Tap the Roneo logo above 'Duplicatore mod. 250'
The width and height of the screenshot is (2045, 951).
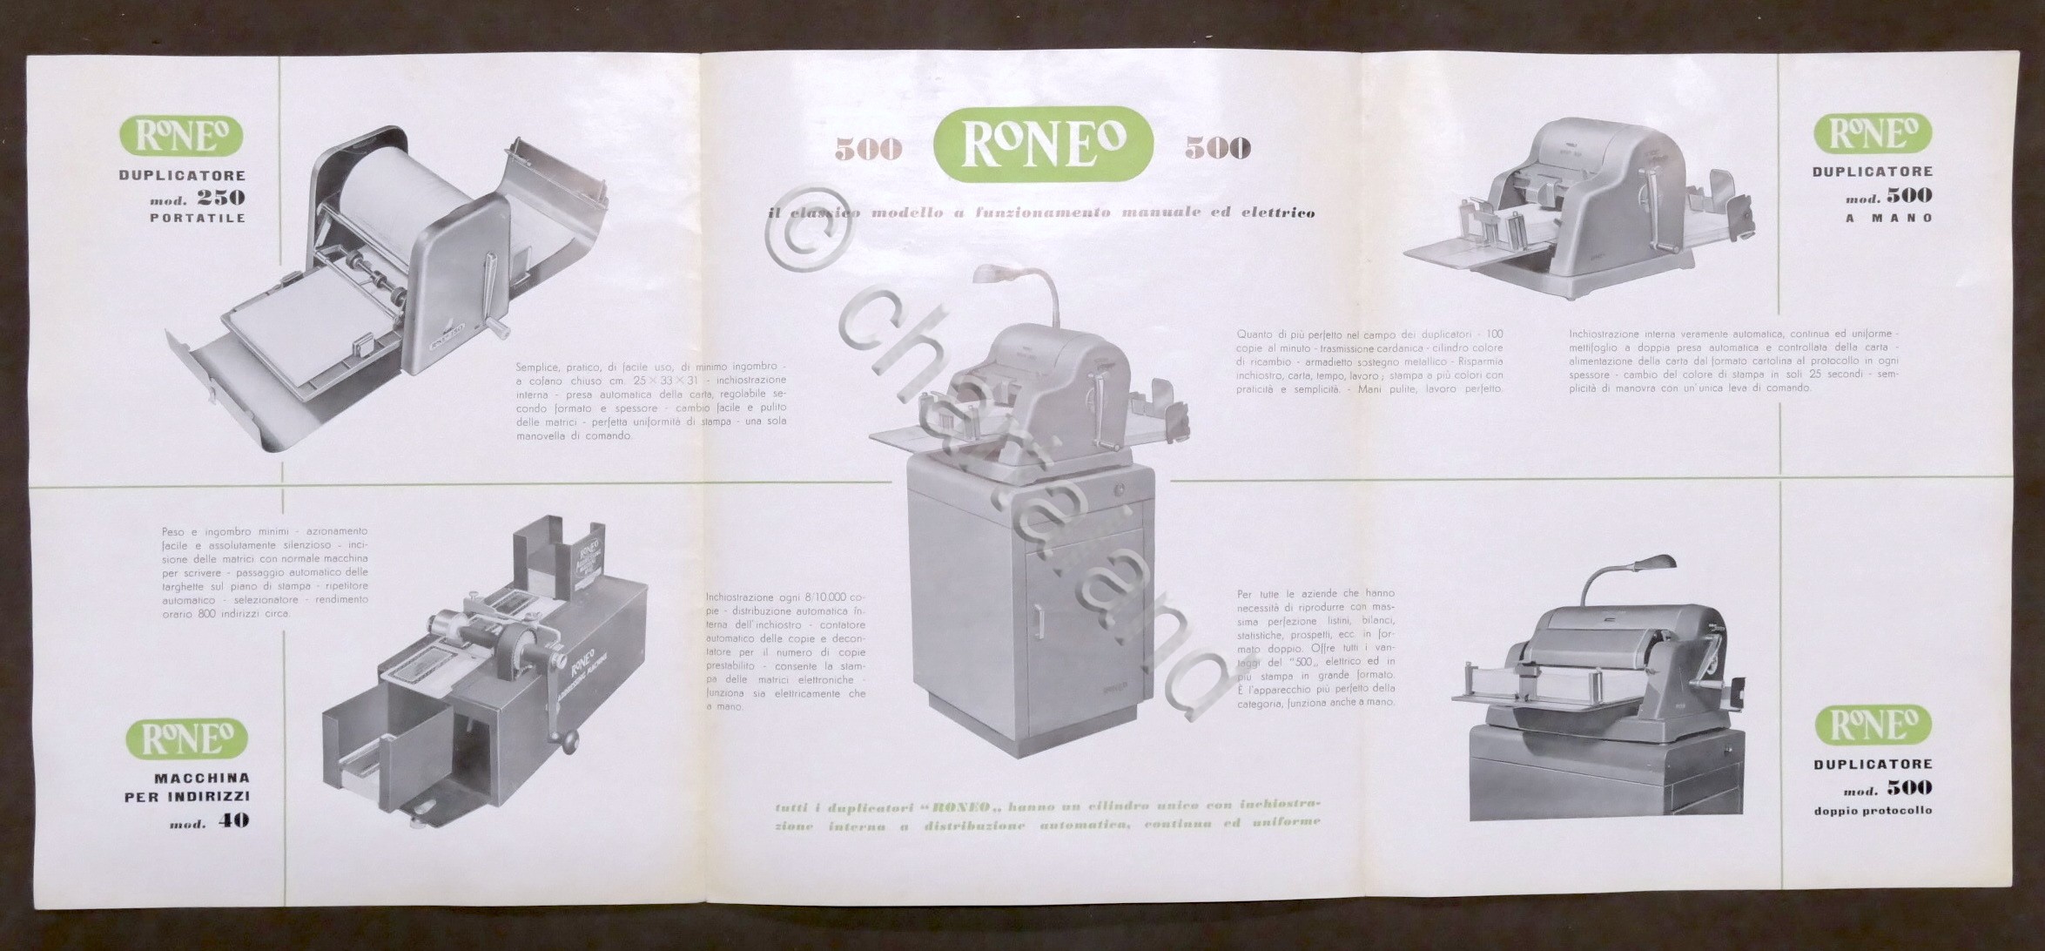click(182, 137)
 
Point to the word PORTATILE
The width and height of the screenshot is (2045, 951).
click(198, 218)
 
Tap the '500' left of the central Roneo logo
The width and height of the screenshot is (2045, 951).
click(868, 150)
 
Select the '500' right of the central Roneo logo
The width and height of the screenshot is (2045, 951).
click(1217, 149)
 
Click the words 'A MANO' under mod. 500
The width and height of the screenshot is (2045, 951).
click(1887, 218)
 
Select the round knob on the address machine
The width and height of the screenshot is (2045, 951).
click(570, 742)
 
